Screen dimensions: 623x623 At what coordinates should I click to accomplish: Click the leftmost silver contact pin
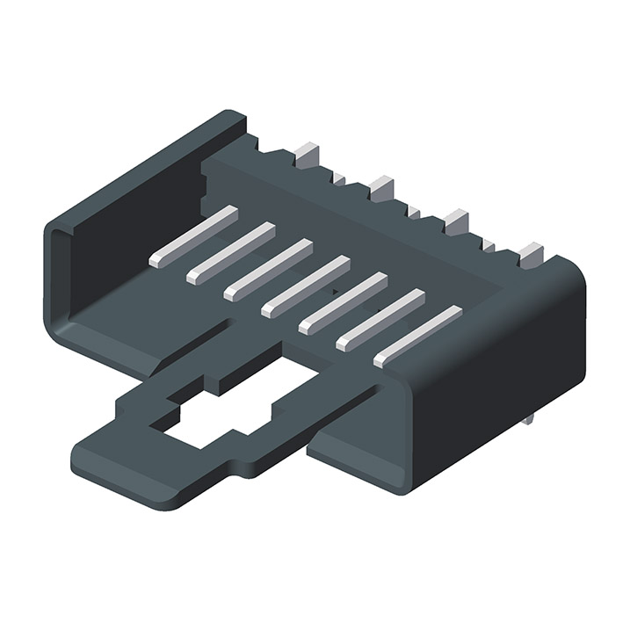[194, 236]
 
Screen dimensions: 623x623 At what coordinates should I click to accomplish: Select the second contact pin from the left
[231, 253]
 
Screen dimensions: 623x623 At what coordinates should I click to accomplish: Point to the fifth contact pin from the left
[343, 303]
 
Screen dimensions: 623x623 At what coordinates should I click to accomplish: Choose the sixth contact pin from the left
[380, 320]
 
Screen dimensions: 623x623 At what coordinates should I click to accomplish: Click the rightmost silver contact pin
[417, 337]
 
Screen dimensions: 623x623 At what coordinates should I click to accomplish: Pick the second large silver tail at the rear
[381, 187]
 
